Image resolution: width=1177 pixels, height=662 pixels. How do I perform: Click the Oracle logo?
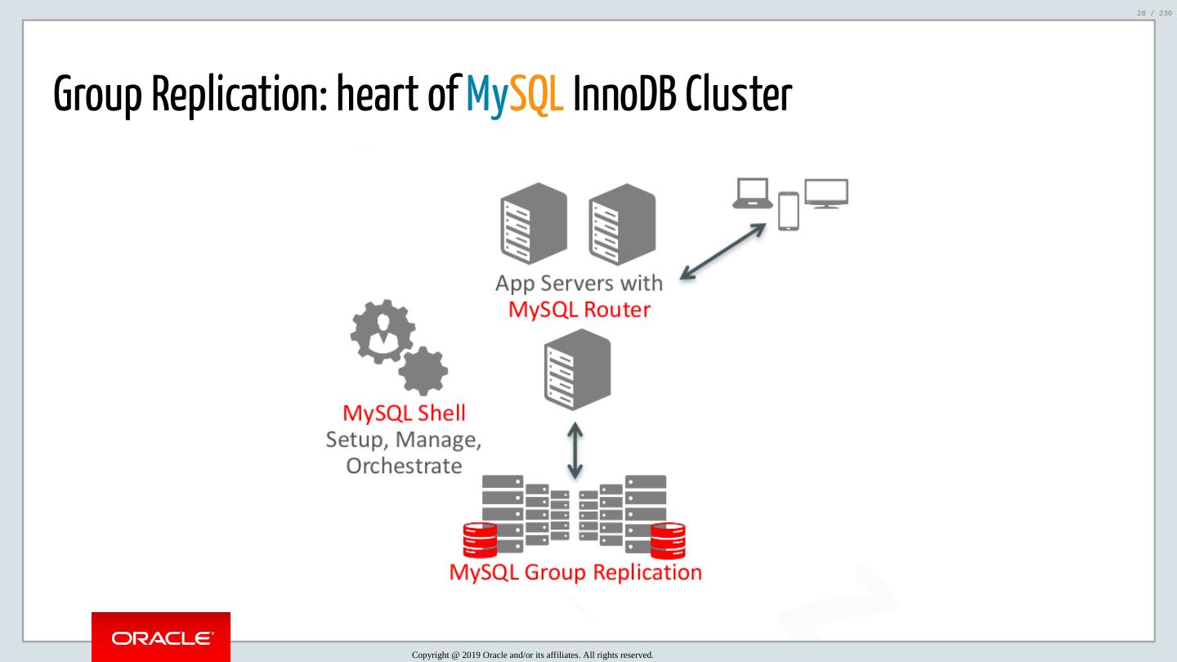pyautogui.click(x=161, y=637)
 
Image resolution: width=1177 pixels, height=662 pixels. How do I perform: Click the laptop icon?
pyautogui.click(x=752, y=194)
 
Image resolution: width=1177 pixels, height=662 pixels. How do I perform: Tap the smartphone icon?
pyautogui.click(x=788, y=212)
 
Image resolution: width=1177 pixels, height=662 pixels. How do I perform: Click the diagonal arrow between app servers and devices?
pyautogui.click(x=723, y=251)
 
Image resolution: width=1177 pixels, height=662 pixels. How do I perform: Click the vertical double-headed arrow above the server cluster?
pyautogui.click(x=575, y=450)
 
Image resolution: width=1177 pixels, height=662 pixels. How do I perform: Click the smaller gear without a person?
pyautogui.click(x=423, y=371)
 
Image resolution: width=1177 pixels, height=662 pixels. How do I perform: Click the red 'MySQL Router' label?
pyautogui.click(x=579, y=310)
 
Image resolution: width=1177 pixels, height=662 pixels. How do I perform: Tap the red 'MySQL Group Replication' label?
pyautogui.click(x=575, y=572)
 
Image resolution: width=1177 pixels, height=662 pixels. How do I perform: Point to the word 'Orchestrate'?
pyautogui.click(x=404, y=466)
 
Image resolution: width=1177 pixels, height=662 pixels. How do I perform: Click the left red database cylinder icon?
pyautogui.click(x=480, y=539)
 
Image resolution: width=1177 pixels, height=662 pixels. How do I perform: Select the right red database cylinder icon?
pyautogui.click(x=668, y=539)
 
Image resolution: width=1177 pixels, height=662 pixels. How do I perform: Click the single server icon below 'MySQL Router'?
pyautogui.click(x=577, y=369)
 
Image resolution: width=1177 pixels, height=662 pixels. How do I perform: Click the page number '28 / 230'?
pyautogui.click(x=1154, y=12)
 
